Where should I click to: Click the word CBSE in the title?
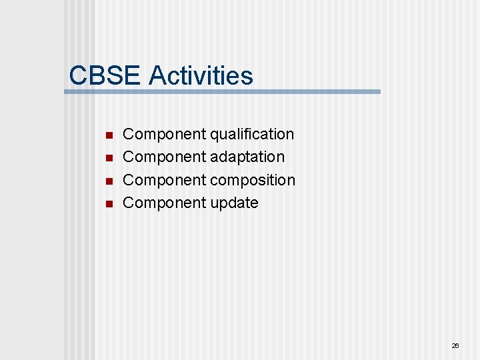105,75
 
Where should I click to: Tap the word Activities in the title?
201,75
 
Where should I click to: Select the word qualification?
252,134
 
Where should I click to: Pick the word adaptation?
247,157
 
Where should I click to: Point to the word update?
234,203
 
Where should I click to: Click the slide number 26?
455,346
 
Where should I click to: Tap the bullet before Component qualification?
109,135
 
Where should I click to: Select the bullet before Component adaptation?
109,158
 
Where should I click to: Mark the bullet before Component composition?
109,181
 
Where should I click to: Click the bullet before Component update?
109,203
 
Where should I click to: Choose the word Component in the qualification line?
165,134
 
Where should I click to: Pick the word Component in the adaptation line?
165,157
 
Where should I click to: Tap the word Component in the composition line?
165,180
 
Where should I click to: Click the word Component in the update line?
165,203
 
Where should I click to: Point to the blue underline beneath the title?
222,92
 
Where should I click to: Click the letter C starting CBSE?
78,75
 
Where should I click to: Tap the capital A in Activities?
157,75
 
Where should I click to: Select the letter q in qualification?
215,135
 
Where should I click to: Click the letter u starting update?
215,203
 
